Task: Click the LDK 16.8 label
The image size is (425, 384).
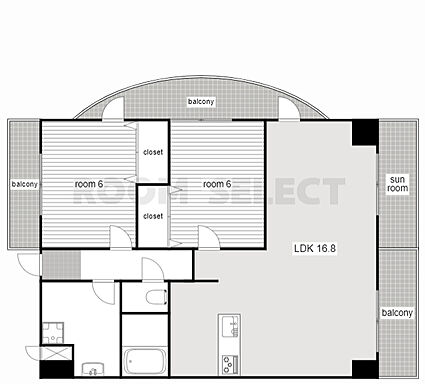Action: pos(315,248)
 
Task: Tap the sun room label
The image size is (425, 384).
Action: pos(398,184)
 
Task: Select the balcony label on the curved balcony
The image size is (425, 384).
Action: pos(201,101)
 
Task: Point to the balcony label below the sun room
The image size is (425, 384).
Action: pos(397,313)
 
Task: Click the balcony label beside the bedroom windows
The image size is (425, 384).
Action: pos(24,184)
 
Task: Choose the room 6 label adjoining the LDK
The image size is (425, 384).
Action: pos(217,184)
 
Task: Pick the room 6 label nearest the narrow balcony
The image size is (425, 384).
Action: pos(89,184)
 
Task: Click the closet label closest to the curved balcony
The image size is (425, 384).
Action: pos(153,152)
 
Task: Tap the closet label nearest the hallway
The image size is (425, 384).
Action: pos(153,216)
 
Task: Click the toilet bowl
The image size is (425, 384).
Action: pos(157,297)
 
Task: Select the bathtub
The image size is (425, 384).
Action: pos(145,361)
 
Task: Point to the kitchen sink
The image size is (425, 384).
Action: pos(229,326)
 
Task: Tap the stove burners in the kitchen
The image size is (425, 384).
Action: pos(228,364)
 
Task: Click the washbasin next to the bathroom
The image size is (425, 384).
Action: pos(93,369)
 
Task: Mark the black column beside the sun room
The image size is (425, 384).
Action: pos(365,132)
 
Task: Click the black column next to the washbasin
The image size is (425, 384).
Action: pos(57,369)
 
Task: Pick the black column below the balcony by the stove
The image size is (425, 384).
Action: pos(365,369)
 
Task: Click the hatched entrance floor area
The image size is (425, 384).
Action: pos(61,265)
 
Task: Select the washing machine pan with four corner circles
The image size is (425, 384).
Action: pos(53,333)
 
